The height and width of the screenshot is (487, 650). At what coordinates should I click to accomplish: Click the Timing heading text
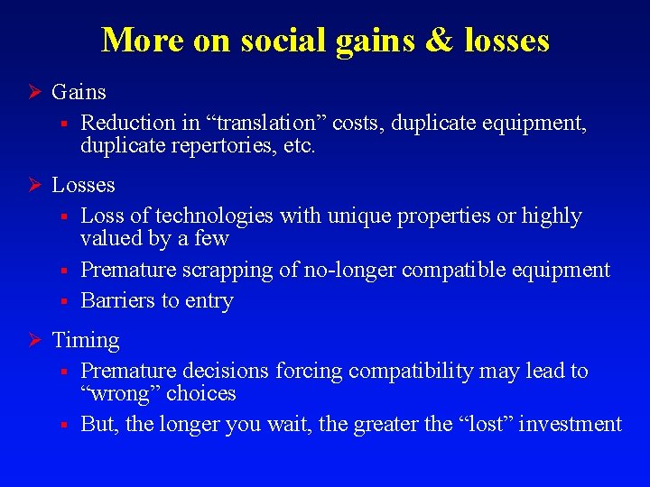[86, 341]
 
